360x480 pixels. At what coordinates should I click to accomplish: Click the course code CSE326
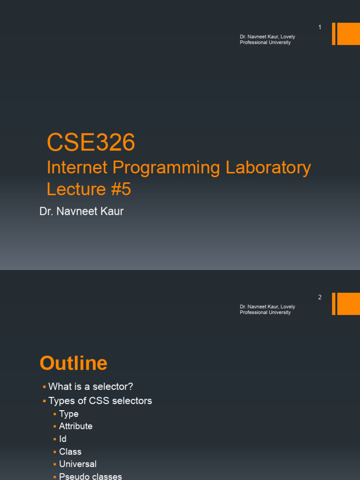91,142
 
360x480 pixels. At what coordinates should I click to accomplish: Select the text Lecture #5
89,189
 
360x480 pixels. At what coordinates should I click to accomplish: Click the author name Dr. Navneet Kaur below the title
82,211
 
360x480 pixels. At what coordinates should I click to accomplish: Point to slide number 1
320,28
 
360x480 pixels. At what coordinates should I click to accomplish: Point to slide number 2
320,297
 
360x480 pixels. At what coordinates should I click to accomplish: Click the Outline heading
74,363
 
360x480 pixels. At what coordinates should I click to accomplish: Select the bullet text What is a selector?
90,387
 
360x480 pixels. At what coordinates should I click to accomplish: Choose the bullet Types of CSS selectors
100,401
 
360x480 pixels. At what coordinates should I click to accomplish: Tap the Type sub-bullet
68,414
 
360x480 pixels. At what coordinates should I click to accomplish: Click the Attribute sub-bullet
75,426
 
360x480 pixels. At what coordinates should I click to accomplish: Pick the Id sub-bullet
63,439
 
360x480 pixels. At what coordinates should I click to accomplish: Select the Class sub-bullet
70,451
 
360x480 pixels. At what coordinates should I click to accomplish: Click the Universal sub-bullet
77,464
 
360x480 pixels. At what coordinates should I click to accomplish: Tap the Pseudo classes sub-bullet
90,476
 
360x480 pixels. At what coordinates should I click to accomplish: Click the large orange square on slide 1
348,34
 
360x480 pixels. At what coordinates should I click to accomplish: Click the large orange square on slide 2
348,304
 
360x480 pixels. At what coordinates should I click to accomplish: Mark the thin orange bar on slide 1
334,34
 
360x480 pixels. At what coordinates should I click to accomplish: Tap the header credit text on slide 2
267,309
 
